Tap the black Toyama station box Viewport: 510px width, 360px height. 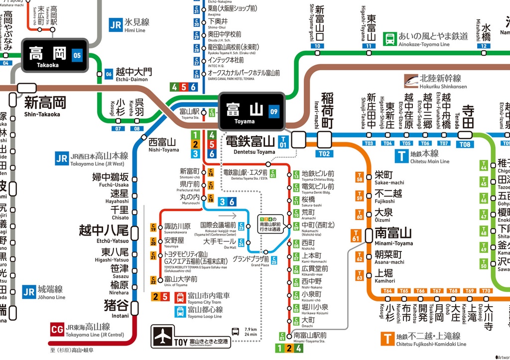click(x=251, y=111)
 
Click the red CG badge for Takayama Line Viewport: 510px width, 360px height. click(x=57, y=329)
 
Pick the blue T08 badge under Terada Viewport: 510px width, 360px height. click(x=465, y=144)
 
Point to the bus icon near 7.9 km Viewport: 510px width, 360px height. click(x=235, y=332)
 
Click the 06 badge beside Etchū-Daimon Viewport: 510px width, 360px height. click(x=109, y=75)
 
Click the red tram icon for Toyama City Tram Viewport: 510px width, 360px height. click(x=180, y=298)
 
